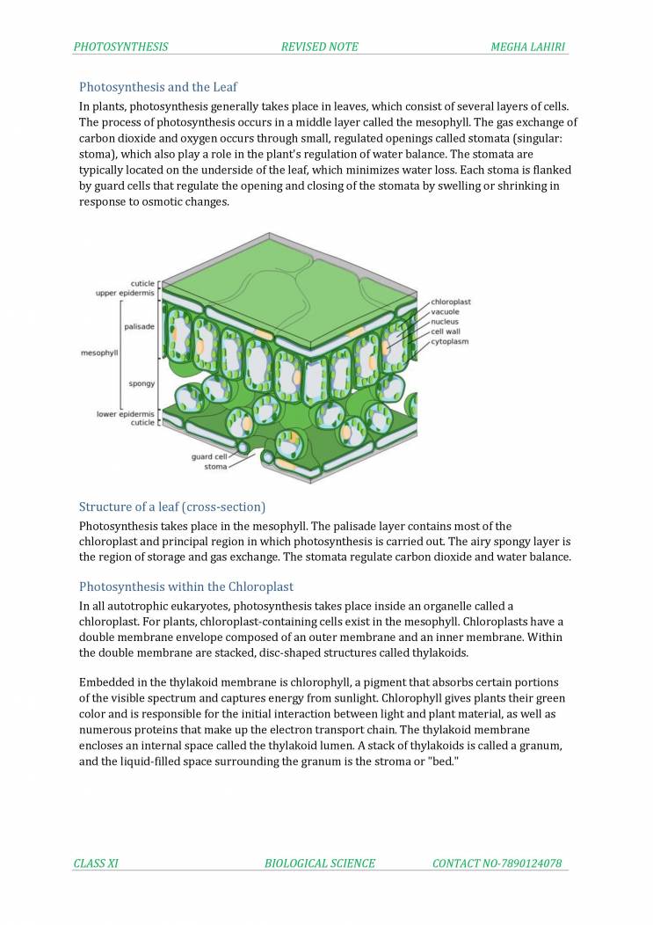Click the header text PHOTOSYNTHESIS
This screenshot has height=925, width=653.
pos(121,47)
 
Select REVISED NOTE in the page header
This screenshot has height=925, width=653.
pos(319,47)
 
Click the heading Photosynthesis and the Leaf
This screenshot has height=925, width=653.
pos(158,87)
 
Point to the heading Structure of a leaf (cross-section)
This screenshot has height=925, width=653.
pos(172,506)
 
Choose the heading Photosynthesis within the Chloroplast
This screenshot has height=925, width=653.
pos(186,586)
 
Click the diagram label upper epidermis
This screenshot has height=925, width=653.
pos(125,293)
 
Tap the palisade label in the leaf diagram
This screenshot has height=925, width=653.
pos(140,326)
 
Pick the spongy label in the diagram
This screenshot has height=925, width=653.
pos(141,383)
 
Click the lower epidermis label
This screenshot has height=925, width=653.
pos(125,413)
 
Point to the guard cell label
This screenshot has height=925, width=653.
pos(209,456)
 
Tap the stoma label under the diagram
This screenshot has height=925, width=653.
pos(215,466)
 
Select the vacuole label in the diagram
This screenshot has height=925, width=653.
pos(445,311)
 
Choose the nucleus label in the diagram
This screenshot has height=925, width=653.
pos(445,322)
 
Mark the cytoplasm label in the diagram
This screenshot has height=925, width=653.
pos(449,341)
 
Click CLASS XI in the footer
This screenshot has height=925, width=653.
pos(96,863)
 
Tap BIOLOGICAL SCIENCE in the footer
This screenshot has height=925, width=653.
pos(320,863)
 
